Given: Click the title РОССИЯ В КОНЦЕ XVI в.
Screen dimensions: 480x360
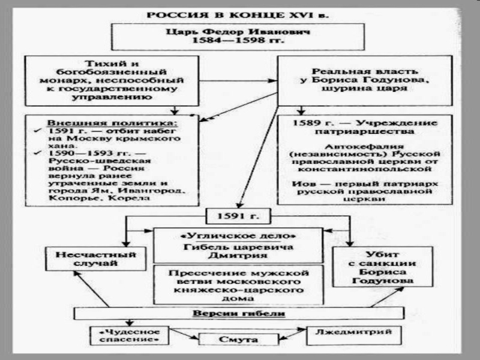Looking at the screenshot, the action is (x=238, y=15).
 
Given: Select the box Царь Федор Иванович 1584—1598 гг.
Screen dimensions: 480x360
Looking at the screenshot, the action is (x=238, y=37).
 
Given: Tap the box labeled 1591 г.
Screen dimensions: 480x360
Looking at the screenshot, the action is (x=238, y=216).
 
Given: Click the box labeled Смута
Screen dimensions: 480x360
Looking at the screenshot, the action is (x=238, y=339).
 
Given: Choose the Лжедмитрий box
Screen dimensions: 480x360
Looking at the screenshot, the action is (x=353, y=335).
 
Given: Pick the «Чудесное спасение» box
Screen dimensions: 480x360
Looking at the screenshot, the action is (x=130, y=335).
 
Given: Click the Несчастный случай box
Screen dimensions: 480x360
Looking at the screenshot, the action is (x=95, y=259).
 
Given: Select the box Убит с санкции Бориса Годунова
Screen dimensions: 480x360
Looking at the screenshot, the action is (x=383, y=266).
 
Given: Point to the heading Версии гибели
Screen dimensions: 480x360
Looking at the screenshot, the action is (x=239, y=313).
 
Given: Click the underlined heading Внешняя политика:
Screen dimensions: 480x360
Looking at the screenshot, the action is (x=112, y=123).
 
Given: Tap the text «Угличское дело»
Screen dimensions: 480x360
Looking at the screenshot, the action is (x=238, y=236).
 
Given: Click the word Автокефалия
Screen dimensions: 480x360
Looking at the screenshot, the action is (x=364, y=146).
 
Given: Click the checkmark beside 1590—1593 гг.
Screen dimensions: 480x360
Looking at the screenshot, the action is (x=38, y=152).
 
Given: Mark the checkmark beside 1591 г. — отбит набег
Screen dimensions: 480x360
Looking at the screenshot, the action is (x=38, y=130).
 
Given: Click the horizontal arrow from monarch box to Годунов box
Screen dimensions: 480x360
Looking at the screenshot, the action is (x=238, y=81).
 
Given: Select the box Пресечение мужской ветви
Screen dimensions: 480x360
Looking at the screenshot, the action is (x=238, y=285).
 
